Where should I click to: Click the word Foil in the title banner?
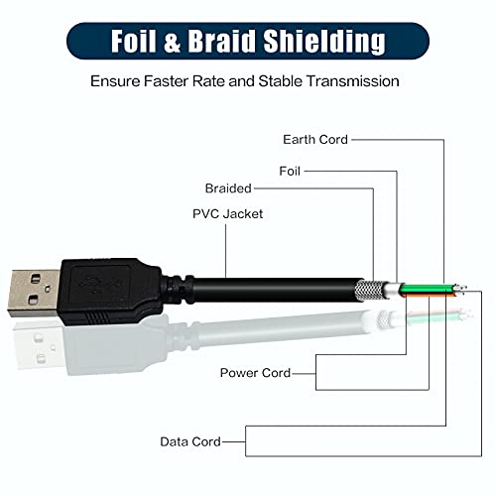click(x=137, y=42)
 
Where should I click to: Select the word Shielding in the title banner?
click(x=334, y=42)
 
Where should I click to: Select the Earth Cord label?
click(x=315, y=140)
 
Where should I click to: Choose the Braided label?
click(x=228, y=187)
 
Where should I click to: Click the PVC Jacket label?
click(x=223, y=213)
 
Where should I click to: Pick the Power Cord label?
click(x=255, y=373)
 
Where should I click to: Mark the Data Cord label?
click(x=190, y=440)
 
